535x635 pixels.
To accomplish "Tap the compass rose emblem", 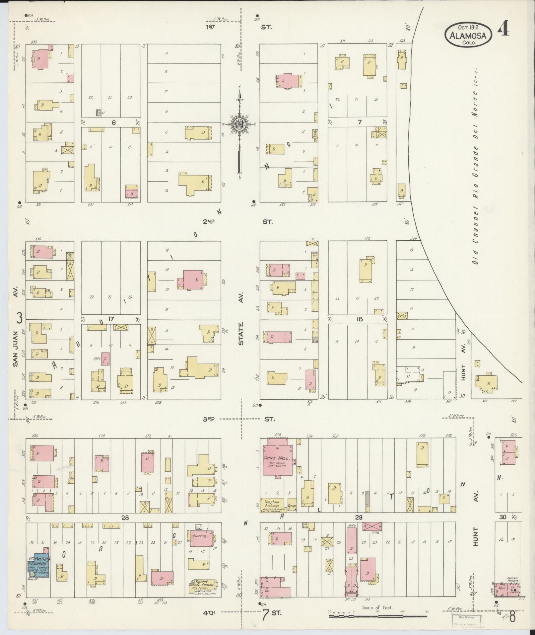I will (239, 124).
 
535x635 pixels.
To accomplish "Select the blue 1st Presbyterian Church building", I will (38, 565).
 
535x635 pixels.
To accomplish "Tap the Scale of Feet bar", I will (378, 616).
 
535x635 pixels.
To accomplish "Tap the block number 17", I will (111, 319).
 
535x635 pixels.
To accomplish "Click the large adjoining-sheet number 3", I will (19, 318).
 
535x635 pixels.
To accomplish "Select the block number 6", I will (113, 122).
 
